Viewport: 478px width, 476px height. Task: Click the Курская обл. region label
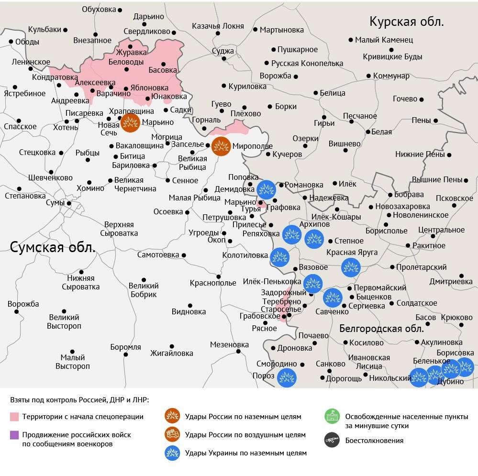407,22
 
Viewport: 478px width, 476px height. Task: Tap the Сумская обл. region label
53,247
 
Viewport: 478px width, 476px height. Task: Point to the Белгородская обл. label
381,328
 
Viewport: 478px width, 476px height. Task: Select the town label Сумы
55,203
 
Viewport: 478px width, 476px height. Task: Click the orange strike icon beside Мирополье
221,146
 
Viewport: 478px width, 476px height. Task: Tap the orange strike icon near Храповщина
130,123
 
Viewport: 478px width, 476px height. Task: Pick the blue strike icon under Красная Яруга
350,267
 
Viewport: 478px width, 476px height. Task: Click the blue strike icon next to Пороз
287,377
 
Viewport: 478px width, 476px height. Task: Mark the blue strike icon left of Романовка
266,189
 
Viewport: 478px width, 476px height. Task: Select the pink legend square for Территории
14,417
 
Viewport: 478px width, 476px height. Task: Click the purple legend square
14,435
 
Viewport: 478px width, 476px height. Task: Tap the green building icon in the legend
331,416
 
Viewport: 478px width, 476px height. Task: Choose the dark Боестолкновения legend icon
331,441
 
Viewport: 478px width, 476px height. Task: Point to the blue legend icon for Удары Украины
172,453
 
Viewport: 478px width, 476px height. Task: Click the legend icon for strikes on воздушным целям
172,435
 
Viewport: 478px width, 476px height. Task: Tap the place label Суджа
222,50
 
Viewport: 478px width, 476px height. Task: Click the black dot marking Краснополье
219,277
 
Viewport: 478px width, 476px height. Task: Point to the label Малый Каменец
384,40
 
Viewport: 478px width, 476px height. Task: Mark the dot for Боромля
126,354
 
